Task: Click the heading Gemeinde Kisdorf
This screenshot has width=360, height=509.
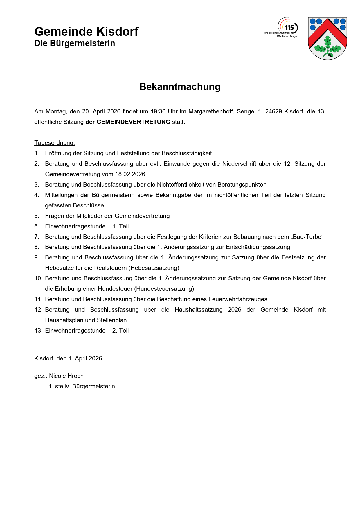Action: [86, 32]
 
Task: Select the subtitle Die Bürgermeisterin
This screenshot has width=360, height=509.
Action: [75, 44]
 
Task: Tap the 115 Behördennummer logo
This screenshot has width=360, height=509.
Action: [283, 28]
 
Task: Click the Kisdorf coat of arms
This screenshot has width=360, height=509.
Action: [327, 38]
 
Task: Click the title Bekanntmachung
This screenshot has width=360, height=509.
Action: [180, 87]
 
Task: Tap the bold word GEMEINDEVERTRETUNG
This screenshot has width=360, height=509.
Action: [133, 122]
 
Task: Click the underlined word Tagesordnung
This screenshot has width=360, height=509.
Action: [54, 143]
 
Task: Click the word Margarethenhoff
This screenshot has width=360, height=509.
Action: [211, 111]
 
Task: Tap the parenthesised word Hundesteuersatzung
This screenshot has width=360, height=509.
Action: [164, 289]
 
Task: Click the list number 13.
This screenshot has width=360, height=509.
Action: [38, 331]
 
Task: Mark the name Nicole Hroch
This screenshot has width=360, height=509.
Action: [66, 376]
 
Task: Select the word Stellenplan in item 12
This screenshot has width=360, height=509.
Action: [112, 320]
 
